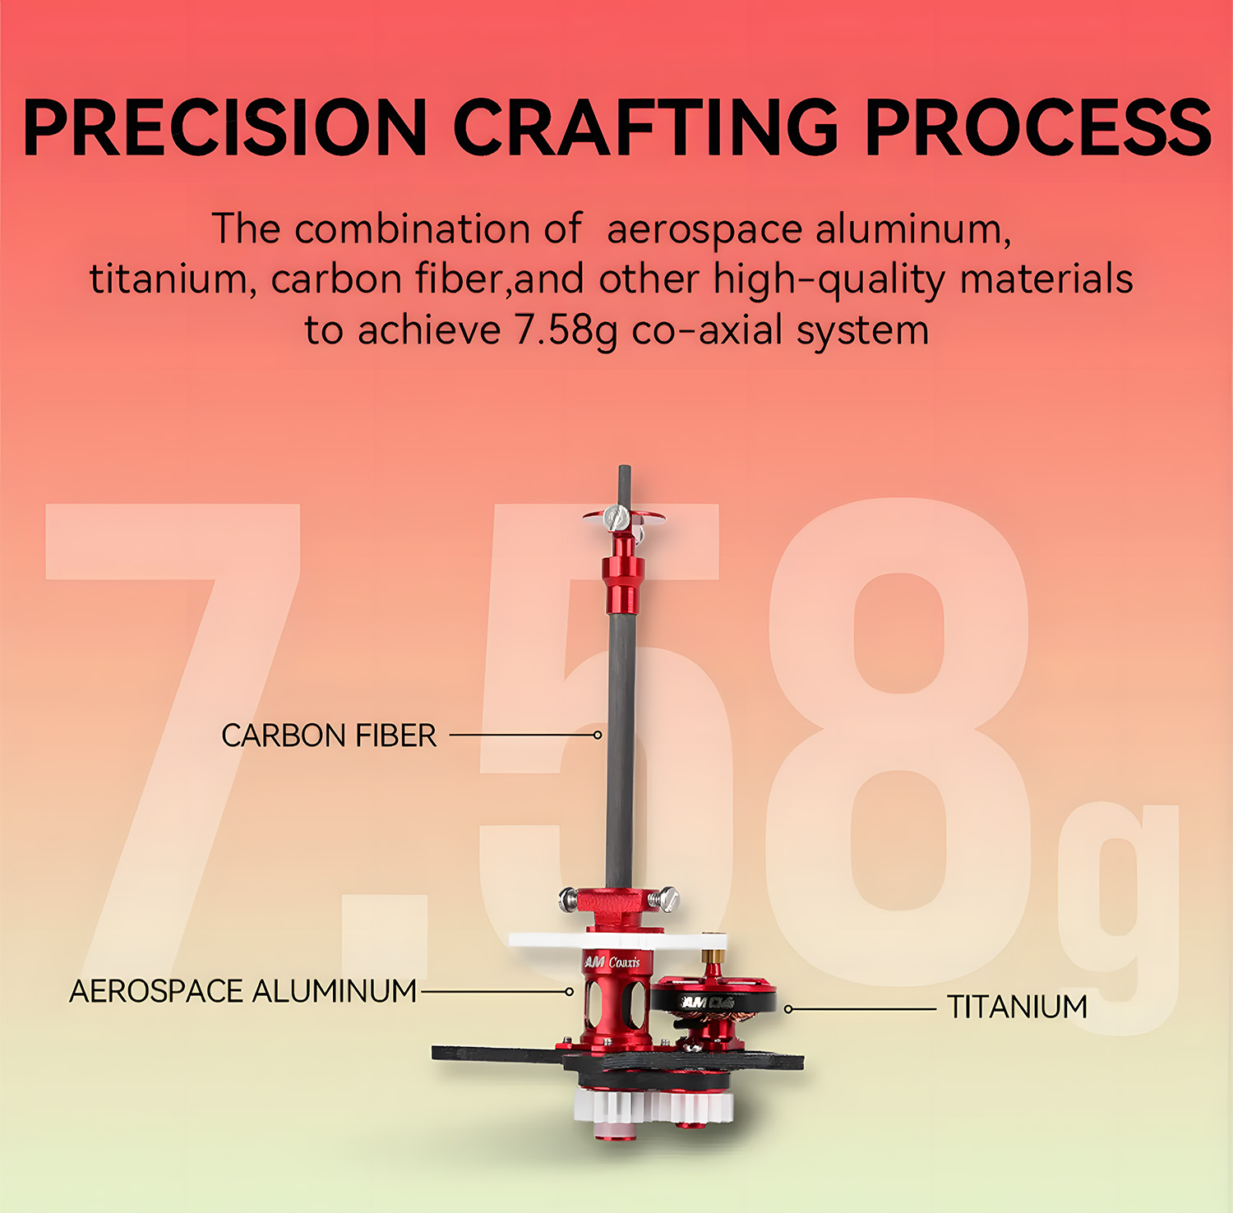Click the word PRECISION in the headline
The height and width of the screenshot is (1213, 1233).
coord(225,127)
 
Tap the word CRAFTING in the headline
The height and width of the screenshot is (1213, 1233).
coord(645,127)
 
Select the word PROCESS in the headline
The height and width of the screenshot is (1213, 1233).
coord(1037,127)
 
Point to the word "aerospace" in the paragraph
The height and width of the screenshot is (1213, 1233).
coord(704,230)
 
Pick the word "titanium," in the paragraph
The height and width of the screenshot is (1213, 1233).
coord(169,279)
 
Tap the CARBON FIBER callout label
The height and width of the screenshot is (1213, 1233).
coord(329,736)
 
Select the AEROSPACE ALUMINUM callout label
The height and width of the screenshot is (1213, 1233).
coord(243,991)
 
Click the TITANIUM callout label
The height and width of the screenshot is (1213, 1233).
coord(1018,1007)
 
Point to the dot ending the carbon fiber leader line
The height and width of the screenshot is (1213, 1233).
coord(598,735)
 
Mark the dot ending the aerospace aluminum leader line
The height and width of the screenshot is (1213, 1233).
coord(569,992)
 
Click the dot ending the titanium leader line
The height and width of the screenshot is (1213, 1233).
coord(788,1008)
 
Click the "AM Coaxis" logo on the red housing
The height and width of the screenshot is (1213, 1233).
coord(611,962)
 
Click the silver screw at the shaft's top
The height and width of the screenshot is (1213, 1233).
coord(616,517)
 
